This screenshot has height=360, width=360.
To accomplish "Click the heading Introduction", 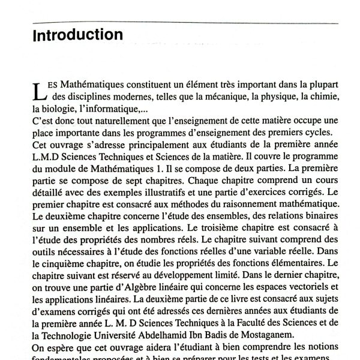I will [x=77, y=36].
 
